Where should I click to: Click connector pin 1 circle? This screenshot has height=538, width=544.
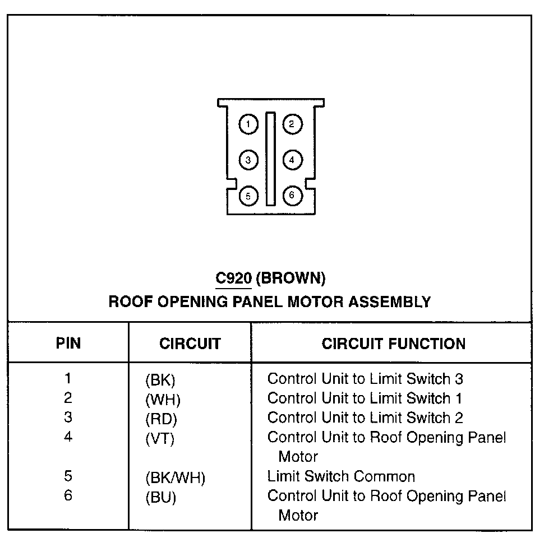(x=248, y=124)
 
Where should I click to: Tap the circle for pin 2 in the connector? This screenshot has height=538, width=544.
(x=292, y=124)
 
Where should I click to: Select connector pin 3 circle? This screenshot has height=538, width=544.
(x=248, y=160)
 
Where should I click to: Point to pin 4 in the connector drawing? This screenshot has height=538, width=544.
(x=292, y=160)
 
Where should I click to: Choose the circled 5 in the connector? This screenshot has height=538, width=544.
(x=248, y=196)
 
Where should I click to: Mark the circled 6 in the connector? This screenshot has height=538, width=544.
(x=292, y=196)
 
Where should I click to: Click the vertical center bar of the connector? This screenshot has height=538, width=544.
(x=270, y=159)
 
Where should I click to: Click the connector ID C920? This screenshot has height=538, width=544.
(x=234, y=277)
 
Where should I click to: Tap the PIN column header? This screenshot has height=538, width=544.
(x=68, y=343)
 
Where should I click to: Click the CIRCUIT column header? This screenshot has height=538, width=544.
(x=190, y=344)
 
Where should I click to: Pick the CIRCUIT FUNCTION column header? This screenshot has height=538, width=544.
(x=393, y=344)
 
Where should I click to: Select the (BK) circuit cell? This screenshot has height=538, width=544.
(x=160, y=381)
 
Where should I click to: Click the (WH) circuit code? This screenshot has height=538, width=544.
(x=163, y=400)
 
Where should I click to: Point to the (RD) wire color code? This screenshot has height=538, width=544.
(x=162, y=419)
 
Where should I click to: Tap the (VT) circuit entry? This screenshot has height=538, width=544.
(x=160, y=439)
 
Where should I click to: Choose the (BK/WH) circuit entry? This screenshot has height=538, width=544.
(x=175, y=478)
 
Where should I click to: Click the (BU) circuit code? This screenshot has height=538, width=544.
(x=161, y=497)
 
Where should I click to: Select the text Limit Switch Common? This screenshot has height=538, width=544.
(x=341, y=477)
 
